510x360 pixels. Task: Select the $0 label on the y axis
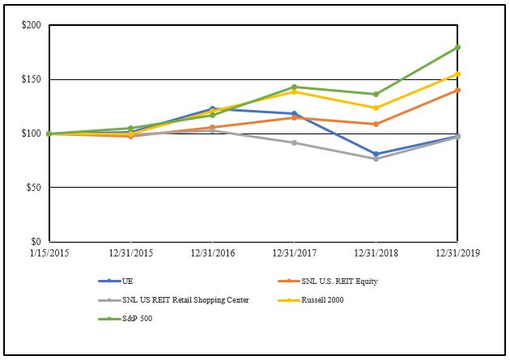[36, 241]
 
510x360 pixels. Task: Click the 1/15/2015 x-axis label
[49, 253]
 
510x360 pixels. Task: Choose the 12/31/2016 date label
[212, 253]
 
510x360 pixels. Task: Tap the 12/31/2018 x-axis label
[376, 253]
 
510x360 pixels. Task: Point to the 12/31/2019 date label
[457, 253]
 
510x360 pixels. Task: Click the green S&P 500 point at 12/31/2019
[457, 47]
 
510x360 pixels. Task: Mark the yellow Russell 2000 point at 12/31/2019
[457, 74]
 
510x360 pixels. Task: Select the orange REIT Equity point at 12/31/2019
[457, 90]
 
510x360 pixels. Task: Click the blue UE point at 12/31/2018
[376, 154]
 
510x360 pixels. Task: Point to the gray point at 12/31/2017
[294, 142]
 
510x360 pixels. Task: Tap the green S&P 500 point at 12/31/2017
[294, 87]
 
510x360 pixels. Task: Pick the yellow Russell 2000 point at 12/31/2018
[376, 108]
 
